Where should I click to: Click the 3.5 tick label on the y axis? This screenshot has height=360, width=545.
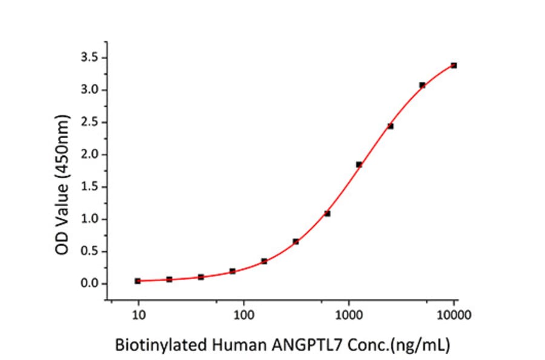tap(90, 58)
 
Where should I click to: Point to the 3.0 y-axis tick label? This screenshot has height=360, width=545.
tap(90, 90)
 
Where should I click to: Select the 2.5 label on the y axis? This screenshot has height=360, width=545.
tap(90, 122)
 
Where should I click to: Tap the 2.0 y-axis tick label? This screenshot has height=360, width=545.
tap(90, 155)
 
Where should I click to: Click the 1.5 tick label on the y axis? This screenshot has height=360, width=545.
tap(90, 187)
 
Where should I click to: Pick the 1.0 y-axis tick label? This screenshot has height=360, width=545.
tap(90, 219)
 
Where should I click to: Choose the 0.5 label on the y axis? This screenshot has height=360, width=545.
tap(90, 252)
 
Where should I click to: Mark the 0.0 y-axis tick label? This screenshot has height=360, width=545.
tap(90, 284)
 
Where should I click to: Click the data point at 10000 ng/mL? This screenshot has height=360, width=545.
tap(454, 65)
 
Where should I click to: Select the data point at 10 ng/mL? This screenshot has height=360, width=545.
tap(138, 281)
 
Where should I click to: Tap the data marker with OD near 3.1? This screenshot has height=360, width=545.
tap(422, 85)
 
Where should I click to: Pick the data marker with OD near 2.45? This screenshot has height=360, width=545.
tap(391, 126)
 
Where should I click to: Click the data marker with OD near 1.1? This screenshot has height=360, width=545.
tap(327, 213)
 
